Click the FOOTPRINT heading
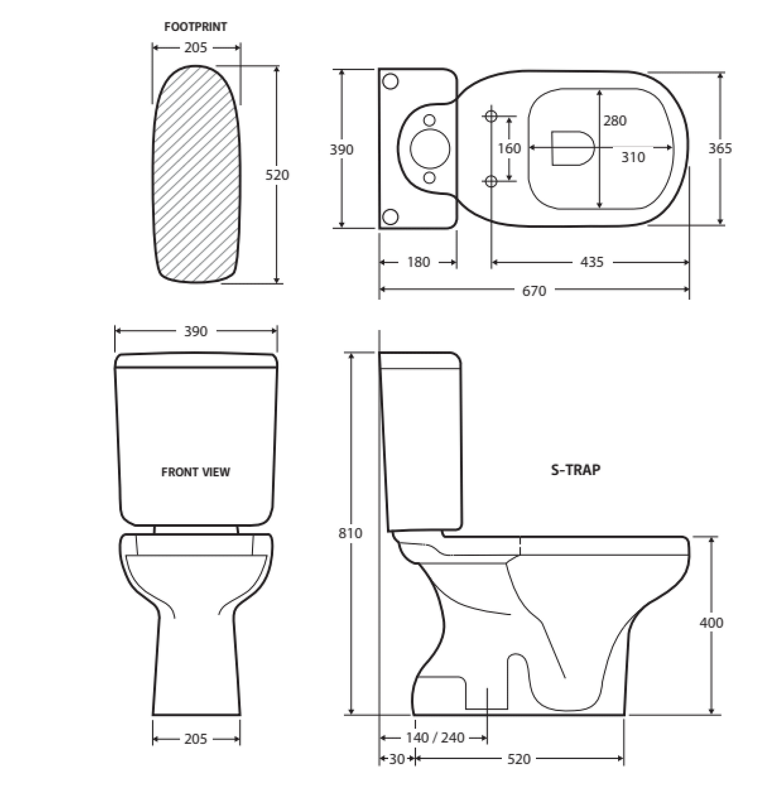(196, 27)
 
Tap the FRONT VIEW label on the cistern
(195, 472)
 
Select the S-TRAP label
(575, 470)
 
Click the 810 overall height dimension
(349, 533)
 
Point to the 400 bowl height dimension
(711, 622)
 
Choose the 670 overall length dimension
(534, 290)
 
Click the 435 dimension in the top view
(592, 262)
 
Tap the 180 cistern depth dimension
(418, 262)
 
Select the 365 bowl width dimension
(720, 148)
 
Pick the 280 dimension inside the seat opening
(614, 121)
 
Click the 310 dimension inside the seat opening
(633, 157)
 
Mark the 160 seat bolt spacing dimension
(509, 148)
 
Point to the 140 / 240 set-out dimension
(435, 737)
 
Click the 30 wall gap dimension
(396, 759)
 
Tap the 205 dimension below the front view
(196, 739)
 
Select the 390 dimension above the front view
(196, 331)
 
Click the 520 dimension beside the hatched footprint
(278, 175)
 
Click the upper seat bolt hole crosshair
(491, 116)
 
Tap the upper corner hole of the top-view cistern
(390, 81)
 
